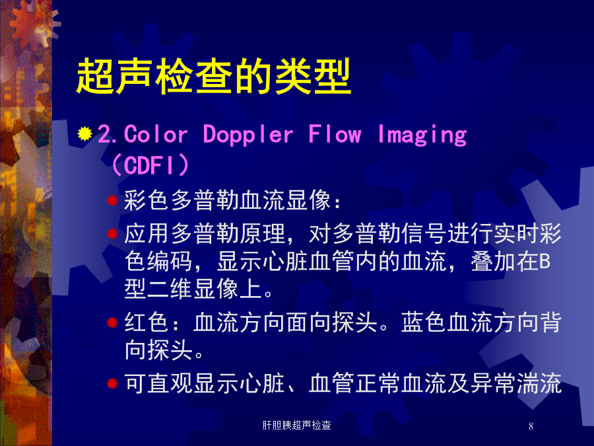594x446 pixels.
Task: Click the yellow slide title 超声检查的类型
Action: pos(214,76)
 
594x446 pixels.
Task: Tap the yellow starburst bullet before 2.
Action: pos(85,134)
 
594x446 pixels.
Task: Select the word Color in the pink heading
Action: pos(156,134)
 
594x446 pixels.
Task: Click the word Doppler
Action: pos(248,135)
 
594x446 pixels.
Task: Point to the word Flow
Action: pos(335,134)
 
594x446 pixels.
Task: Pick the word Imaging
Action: pos(422,135)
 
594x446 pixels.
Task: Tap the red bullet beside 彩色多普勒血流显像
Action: pos(112,200)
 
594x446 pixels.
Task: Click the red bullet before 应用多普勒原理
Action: pos(112,233)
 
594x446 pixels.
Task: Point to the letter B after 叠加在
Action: pos(544,262)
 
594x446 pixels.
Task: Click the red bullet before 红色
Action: pos(112,322)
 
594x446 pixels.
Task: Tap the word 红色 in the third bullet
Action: pos(147,322)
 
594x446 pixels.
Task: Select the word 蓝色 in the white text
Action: pos(424,322)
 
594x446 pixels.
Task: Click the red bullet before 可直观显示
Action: pos(112,383)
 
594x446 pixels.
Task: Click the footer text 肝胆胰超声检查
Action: pos(296,426)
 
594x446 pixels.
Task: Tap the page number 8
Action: pos(531,426)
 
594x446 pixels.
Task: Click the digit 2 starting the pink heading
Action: pos(104,134)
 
